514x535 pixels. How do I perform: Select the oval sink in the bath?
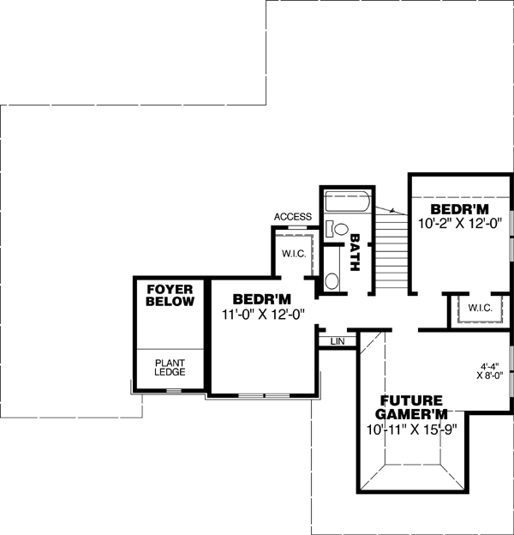click(x=332, y=281)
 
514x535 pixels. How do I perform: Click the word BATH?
click(x=356, y=255)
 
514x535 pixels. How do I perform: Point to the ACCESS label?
click(x=292, y=217)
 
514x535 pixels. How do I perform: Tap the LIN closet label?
click(x=338, y=341)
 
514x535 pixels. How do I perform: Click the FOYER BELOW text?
click(x=170, y=296)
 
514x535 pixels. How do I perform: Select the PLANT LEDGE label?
click(x=170, y=368)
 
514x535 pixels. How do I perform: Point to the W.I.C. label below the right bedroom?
click(x=480, y=308)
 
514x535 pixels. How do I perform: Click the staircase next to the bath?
click(x=390, y=254)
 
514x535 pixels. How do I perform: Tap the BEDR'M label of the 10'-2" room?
click(x=459, y=208)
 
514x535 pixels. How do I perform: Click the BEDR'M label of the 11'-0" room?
click(x=262, y=299)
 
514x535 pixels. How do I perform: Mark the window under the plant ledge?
click(x=174, y=391)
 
